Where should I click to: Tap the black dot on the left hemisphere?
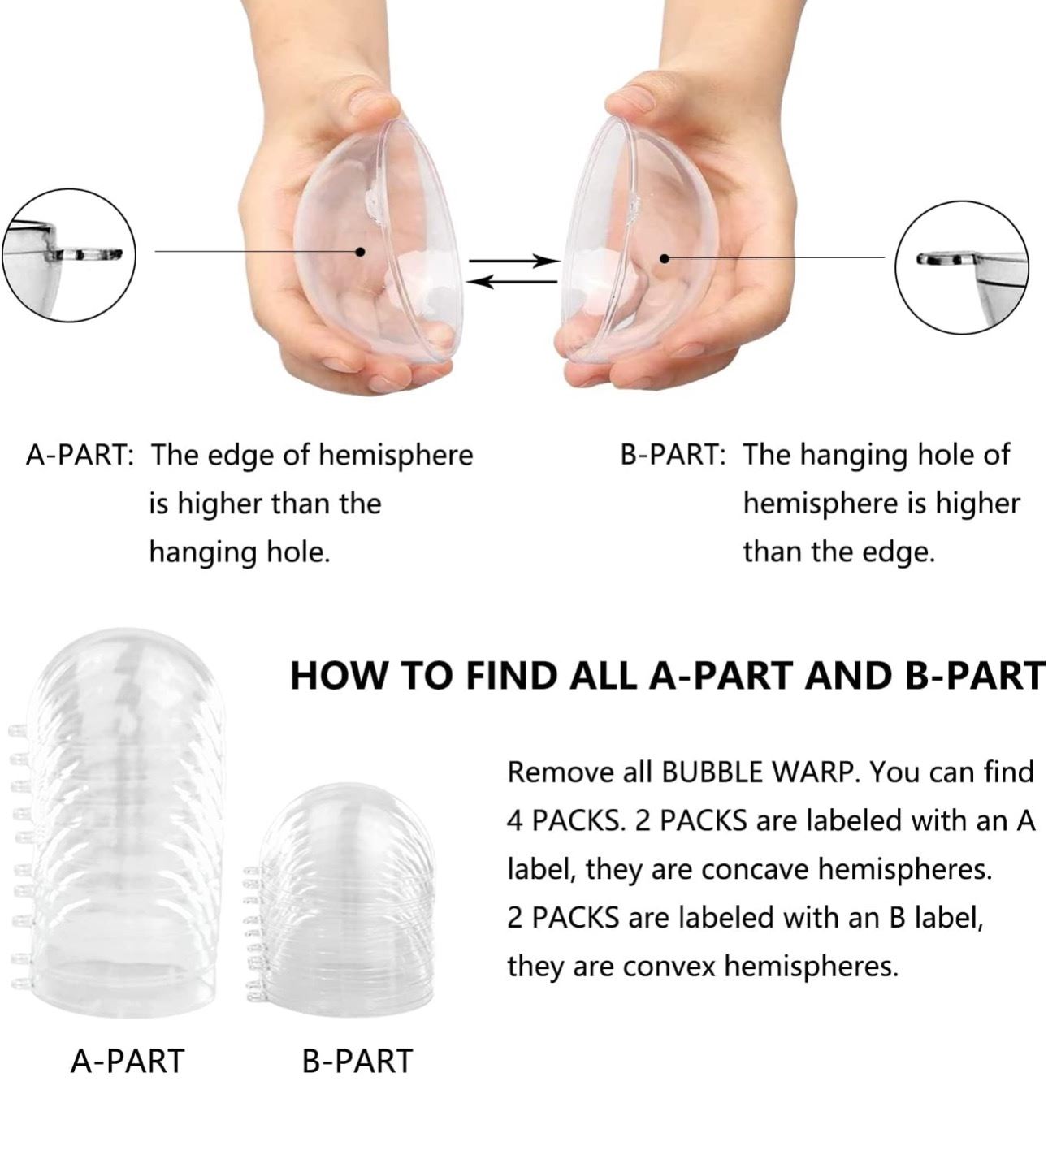361,252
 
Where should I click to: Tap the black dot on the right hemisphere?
665,259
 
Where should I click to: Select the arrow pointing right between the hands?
514,262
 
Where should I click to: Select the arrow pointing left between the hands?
512,282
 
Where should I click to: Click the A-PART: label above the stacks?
80,456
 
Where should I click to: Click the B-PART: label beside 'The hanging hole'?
673,456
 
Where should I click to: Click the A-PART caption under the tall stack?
128,1062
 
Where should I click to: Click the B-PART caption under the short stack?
357,1062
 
